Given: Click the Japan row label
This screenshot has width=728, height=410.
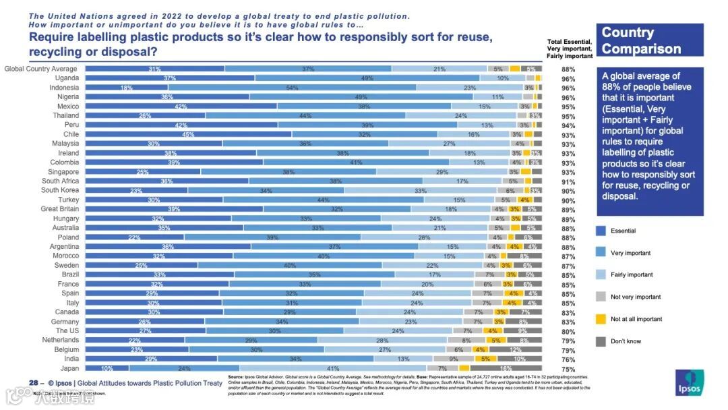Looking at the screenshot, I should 69,368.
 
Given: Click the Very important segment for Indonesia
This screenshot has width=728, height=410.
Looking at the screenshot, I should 292,88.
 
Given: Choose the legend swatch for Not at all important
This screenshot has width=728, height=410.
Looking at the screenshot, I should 600,319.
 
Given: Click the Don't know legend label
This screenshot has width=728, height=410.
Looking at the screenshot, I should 626,341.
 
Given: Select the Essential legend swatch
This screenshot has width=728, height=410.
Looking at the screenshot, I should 600,231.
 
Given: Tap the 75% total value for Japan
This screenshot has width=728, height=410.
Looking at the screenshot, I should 568,369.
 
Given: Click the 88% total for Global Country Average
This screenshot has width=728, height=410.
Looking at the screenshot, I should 568,69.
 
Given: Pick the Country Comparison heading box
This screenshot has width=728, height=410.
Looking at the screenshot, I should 650,40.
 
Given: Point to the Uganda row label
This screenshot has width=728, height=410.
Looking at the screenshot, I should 67,78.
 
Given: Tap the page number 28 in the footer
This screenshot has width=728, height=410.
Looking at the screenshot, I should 33,383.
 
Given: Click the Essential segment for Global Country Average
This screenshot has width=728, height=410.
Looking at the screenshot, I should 154,69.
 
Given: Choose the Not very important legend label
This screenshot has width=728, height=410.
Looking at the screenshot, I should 636,297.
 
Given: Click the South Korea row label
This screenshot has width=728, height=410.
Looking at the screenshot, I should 60,190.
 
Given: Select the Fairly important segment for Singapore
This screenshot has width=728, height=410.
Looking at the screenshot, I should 442,172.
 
